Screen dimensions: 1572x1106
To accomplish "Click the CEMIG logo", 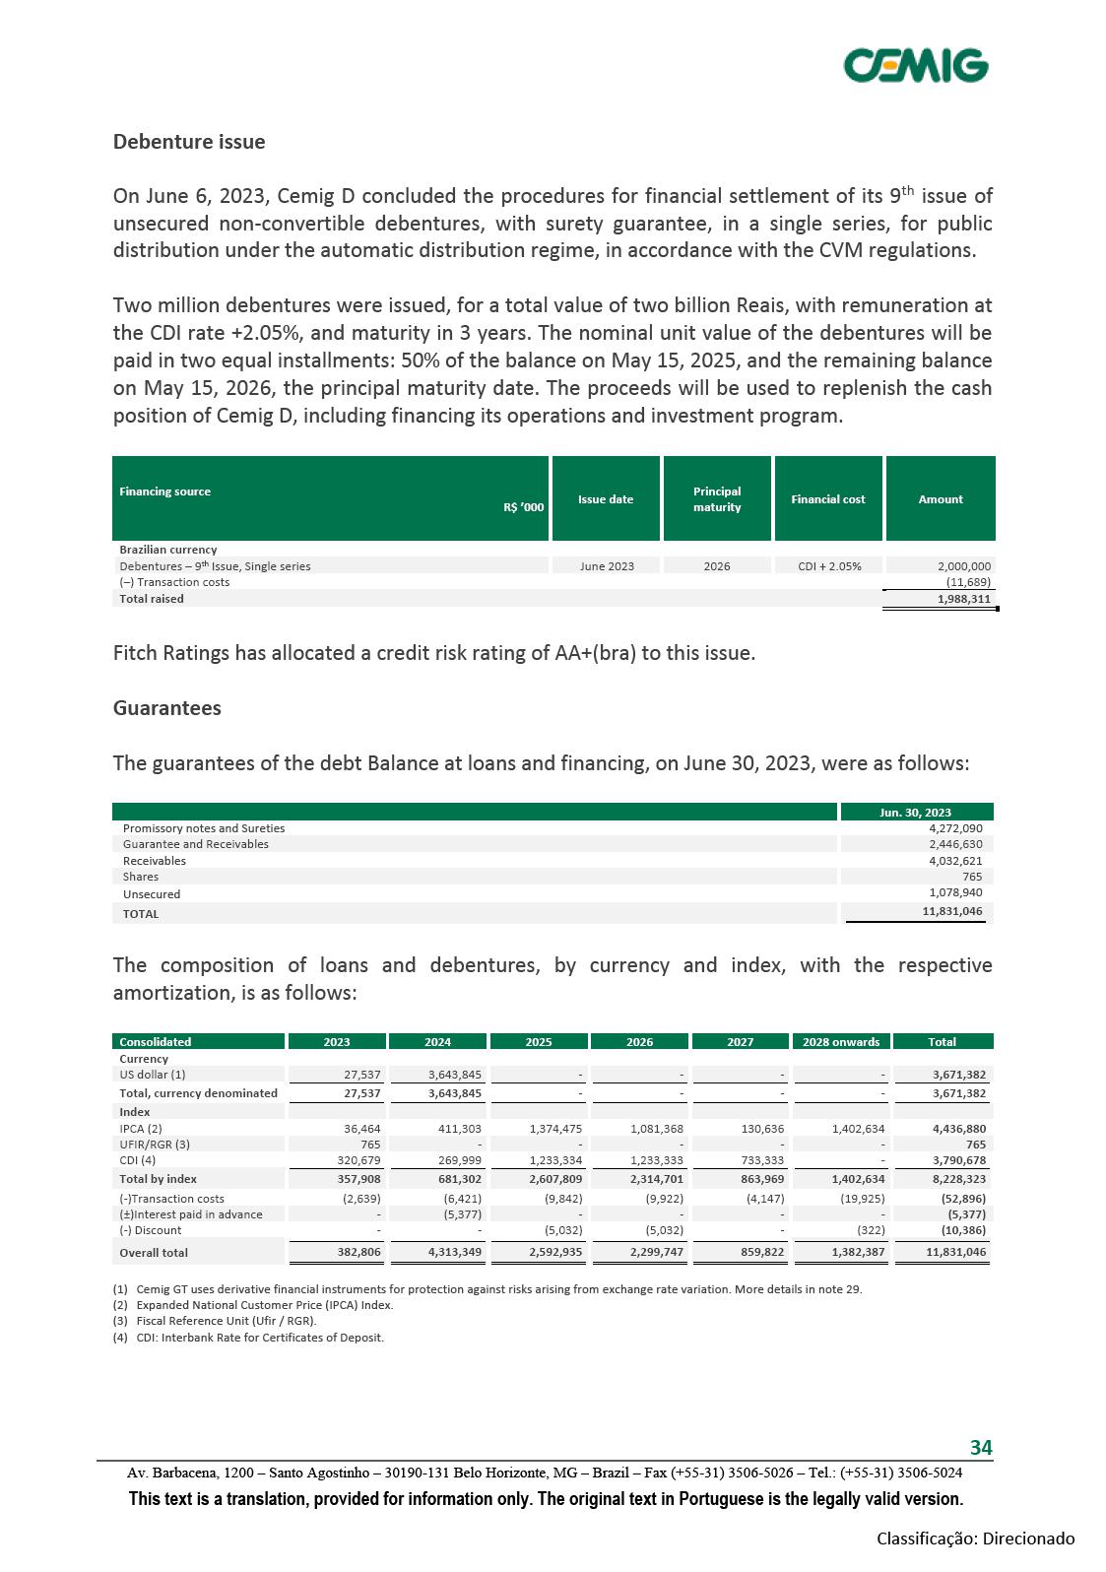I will pyautogui.click(x=915, y=65).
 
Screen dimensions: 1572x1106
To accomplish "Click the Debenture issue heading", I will pyautogui.click(x=189, y=142).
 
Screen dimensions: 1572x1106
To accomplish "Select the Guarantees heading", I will pyautogui.click(x=167, y=708).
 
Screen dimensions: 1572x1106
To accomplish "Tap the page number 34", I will pyautogui.click(x=981, y=1447).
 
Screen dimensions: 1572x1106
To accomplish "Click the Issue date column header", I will pyautogui.click(x=606, y=499).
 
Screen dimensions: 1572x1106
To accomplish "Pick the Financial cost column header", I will pyautogui.click(x=828, y=499).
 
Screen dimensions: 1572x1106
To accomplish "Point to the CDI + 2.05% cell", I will pyautogui.click(x=831, y=566).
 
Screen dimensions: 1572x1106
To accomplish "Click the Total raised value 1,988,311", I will pyautogui.click(x=963, y=599).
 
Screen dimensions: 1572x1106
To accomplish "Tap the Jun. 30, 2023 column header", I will pyautogui.click(x=915, y=813).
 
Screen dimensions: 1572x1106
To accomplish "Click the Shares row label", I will pyautogui.click(x=141, y=877).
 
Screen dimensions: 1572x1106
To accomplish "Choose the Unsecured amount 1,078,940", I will pyautogui.click(x=955, y=893).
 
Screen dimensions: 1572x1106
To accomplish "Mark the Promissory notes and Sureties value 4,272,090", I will pyautogui.click(x=955, y=828).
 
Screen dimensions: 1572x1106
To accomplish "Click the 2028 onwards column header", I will pyautogui.click(x=841, y=1042).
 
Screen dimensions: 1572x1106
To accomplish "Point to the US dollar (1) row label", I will pyautogui.click(x=153, y=1075).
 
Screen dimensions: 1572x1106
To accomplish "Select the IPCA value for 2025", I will pyautogui.click(x=555, y=1129).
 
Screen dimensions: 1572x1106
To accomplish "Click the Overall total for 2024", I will pyautogui.click(x=455, y=1253).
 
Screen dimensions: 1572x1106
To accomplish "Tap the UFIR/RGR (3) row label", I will pyautogui.click(x=155, y=1145).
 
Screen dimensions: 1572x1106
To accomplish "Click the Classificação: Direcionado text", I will pyautogui.click(x=975, y=1539).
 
